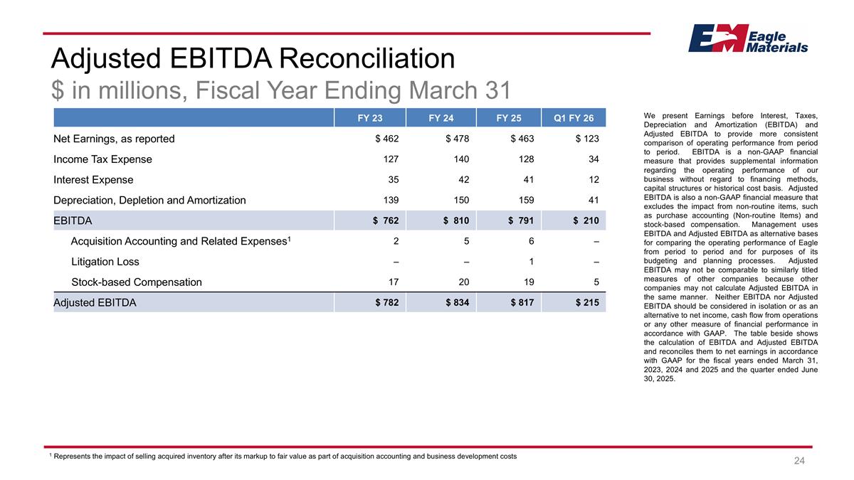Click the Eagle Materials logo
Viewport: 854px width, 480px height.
747,38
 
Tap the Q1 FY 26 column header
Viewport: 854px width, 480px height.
574,117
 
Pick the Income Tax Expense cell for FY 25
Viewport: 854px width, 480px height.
523,159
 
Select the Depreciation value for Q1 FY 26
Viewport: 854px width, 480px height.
592,201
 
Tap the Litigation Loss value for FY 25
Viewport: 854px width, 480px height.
531,262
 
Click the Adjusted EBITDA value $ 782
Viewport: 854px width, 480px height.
387,303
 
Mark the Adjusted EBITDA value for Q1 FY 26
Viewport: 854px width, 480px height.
587,303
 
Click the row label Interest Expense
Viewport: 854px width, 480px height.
93,180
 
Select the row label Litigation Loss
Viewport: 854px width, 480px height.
105,262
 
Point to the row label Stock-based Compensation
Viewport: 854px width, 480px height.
137,282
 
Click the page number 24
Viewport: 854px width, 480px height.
799,462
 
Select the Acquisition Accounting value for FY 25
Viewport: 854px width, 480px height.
531,241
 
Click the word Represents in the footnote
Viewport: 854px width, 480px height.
75,456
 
